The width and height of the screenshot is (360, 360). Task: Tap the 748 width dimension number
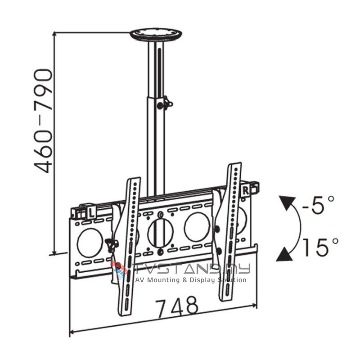[x=177, y=306]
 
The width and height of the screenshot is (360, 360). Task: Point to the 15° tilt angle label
[x=320, y=247]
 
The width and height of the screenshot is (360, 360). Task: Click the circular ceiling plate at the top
[x=156, y=34]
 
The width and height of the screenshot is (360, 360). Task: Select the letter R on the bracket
[x=245, y=189]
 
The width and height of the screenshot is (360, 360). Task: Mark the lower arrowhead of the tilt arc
[x=283, y=255]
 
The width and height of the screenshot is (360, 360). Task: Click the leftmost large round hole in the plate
[x=90, y=242]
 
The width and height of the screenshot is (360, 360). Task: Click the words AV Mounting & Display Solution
[x=191, y=280]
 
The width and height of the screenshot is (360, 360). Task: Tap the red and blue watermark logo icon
[x=120, y=270]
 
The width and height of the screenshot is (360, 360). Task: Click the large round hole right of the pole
[x=197, y=226]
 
